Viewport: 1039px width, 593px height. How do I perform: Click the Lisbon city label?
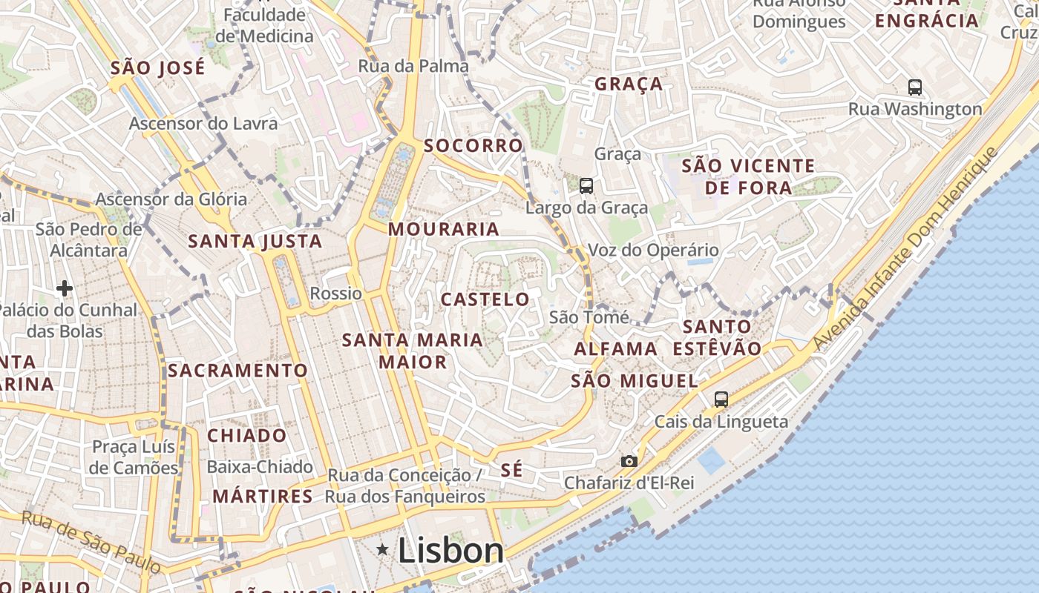point(450,551)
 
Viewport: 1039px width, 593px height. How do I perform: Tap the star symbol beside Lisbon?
point(383,549)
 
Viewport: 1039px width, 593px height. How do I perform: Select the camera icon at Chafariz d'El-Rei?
point(629,461)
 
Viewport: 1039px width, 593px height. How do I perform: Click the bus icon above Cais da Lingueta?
point(721,400)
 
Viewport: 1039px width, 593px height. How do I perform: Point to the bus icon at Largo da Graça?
point(586,186)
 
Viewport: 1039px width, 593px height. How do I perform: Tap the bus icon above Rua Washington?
point(915,87)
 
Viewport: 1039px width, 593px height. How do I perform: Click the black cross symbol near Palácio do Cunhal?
point(65,288)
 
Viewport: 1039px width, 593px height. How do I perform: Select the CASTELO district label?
point(485,299)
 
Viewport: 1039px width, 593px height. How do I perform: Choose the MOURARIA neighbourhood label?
point(444,229)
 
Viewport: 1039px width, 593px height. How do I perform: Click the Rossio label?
point(336,294)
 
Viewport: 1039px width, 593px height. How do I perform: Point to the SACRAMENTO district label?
point(237,371)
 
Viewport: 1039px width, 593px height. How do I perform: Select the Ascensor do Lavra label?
point(203,123)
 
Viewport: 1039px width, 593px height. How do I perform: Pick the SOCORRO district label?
point(473,145)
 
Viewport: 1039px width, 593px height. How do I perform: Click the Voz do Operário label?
point(653,250)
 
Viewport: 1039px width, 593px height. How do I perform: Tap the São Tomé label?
point(589,317)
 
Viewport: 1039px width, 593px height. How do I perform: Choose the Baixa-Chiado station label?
point(260,467)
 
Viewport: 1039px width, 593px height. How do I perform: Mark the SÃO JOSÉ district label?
point(157,68)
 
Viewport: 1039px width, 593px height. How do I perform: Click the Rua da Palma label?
point(413,66)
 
